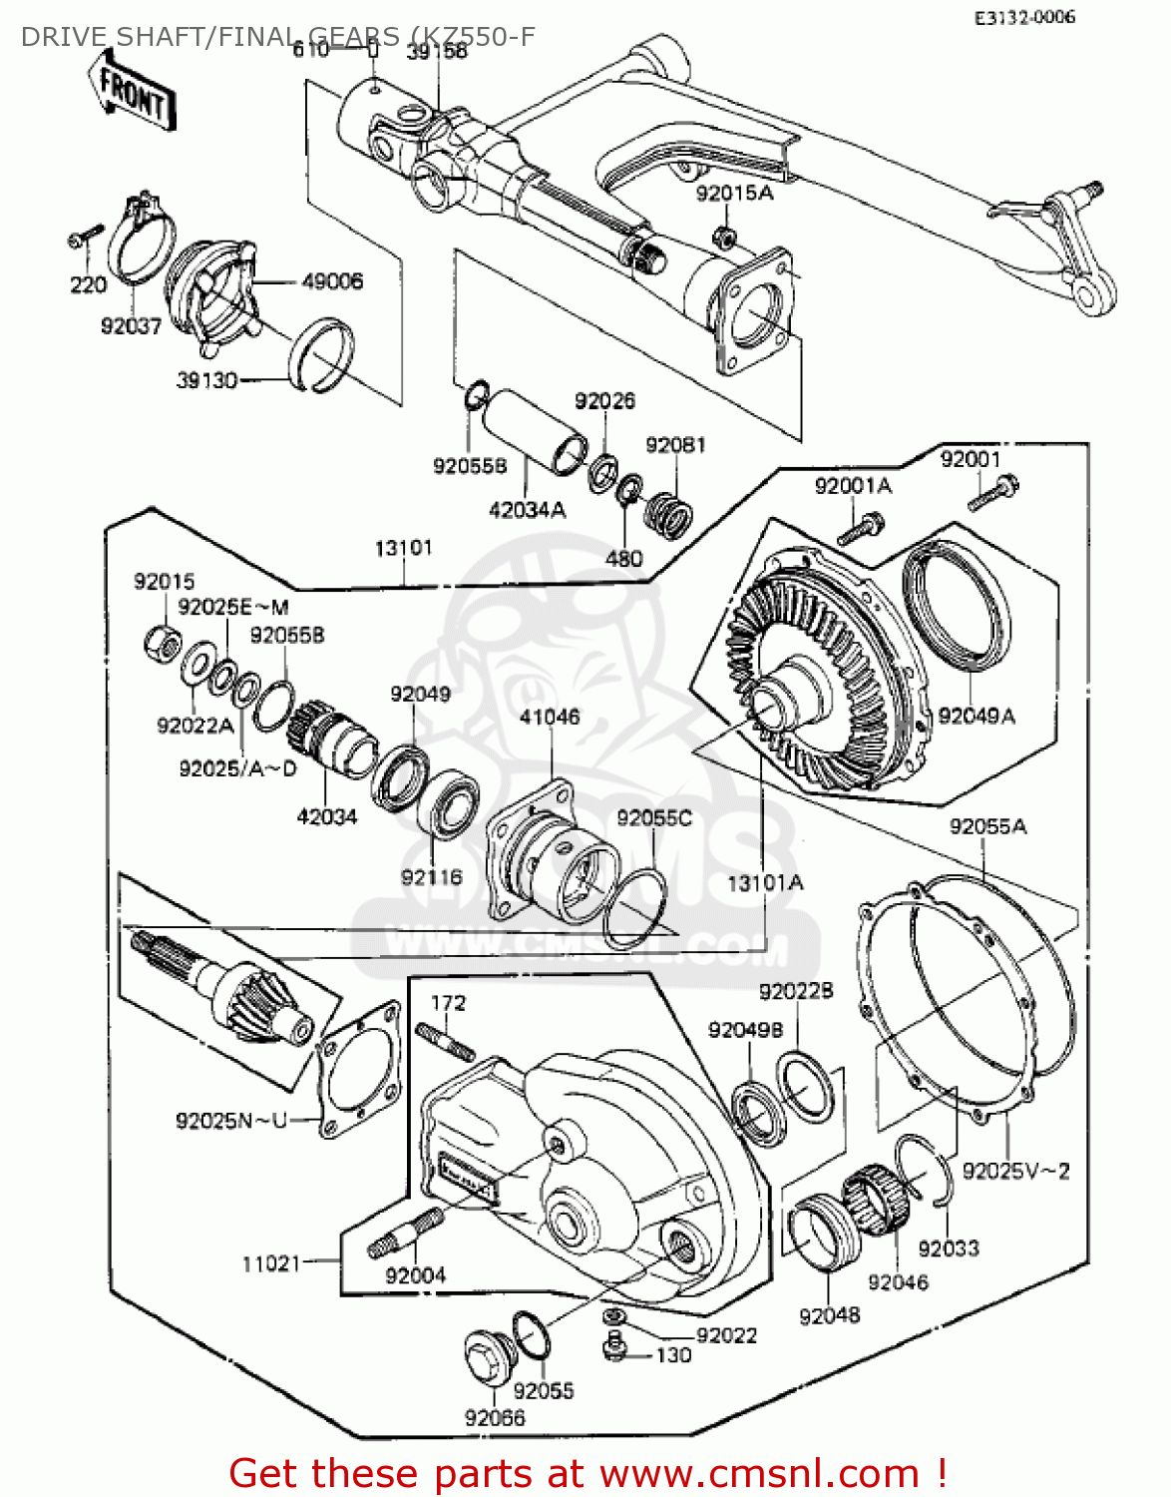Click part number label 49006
332,282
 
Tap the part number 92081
675,445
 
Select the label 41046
550,717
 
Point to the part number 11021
270,1263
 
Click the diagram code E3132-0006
1024,17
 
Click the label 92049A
976,716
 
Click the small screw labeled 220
85,236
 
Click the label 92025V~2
1015,1171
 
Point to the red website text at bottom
587,1473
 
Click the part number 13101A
765,882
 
